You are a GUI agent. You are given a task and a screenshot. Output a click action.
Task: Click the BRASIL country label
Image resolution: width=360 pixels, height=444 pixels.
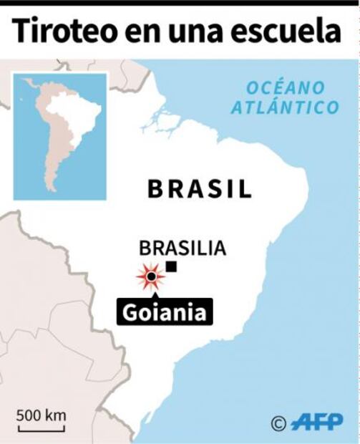pos(200,189)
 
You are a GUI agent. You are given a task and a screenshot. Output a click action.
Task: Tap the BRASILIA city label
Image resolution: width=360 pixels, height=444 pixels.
pos(183,248)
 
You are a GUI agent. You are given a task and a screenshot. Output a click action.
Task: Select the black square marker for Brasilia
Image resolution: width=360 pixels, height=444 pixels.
pos(171,267)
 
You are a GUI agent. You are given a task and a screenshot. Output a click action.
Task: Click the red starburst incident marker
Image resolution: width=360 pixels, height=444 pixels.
pos(150,276)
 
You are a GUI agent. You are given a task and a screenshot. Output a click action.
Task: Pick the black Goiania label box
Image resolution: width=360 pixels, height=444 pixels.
pos(165,312)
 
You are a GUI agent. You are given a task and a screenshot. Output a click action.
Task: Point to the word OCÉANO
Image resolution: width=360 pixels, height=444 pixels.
pos(285,88)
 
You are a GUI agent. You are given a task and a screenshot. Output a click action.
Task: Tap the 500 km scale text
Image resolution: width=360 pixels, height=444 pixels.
pos(42,415)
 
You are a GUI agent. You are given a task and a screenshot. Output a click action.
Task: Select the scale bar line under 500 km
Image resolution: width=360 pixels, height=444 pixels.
pos(42,429)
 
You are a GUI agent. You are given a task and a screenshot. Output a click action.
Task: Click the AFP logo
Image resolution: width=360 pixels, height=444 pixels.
pos(316,422)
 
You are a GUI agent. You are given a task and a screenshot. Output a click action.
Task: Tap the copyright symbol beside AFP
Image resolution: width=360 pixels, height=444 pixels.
pos(279,423)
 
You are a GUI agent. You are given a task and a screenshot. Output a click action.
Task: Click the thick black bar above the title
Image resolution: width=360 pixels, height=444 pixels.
pos(180,3)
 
